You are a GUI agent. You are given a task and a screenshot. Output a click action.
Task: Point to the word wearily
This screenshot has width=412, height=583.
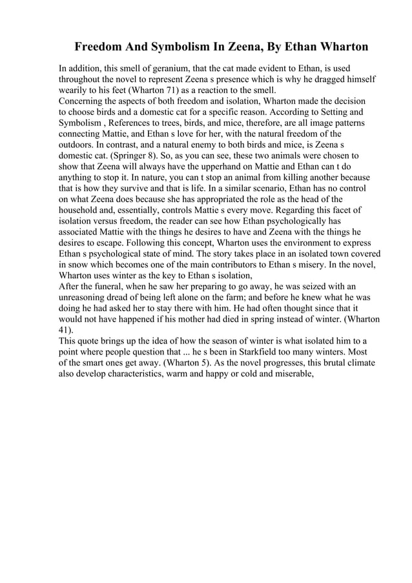point(74,90)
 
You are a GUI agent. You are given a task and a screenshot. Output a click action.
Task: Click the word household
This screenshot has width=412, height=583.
point(83,211)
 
